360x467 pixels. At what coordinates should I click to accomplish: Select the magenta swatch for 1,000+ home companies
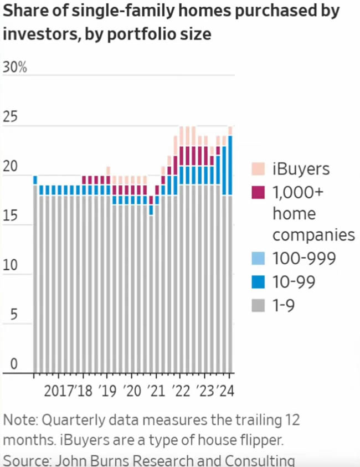click(258, 193)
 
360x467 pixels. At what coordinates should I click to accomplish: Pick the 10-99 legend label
click(294, 282)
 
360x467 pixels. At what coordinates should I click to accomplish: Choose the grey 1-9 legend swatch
click(258, 306)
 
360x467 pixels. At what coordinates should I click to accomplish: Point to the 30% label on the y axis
click(15, 68)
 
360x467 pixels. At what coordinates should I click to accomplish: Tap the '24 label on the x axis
click(225, 391)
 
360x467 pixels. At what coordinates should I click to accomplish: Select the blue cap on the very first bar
click(35, 180)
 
